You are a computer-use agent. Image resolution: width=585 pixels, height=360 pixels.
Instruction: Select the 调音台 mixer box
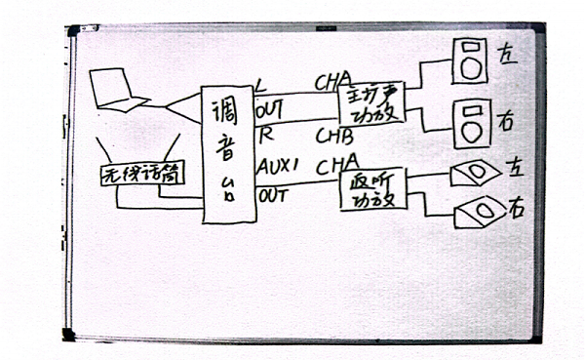[227, 153]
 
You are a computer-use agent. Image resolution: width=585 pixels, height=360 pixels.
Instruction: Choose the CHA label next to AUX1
[336, 159]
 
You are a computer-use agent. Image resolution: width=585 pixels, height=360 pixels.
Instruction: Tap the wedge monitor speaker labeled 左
[475, 174]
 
